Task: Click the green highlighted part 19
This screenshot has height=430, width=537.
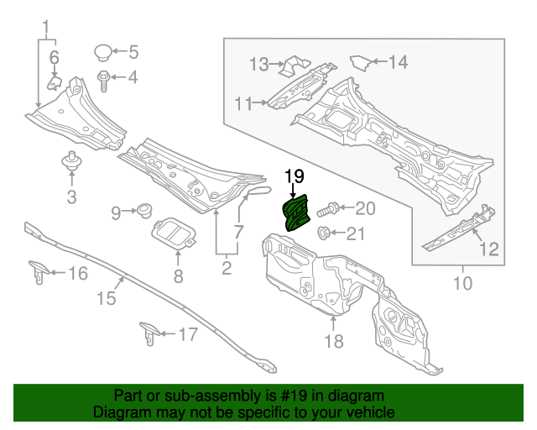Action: point(296,211)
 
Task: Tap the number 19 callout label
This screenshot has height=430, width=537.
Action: point(293,176)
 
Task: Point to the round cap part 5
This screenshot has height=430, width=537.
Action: point(102,52)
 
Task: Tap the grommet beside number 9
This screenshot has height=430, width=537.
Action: point(143,206)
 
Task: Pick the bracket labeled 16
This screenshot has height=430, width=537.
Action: point(38,270)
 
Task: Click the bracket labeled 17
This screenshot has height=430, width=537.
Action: point(149,333)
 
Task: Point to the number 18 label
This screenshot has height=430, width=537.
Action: point(334,341)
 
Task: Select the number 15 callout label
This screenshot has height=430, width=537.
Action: point(105,298)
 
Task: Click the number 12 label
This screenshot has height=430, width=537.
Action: point(487,249)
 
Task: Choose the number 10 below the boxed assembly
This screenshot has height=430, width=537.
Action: point(461,284)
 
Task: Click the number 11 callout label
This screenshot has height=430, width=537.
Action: point(243,103)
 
